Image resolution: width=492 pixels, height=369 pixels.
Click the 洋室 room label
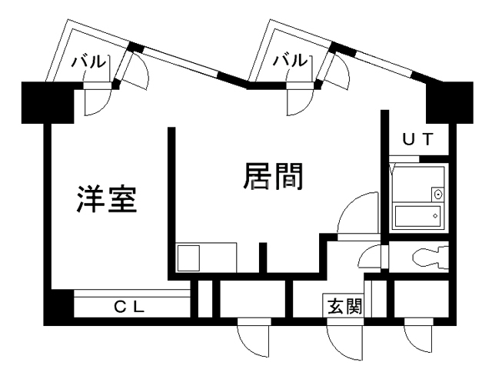(107, 200)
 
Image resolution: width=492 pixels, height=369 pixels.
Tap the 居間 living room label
(274, 176)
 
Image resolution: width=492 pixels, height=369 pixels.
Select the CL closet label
(129, 307)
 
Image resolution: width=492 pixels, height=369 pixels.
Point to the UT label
(418, 139)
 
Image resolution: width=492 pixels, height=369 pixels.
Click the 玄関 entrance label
(344, 306)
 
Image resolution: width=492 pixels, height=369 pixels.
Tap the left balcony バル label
(88, 61)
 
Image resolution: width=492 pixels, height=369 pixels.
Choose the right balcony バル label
(291, 60)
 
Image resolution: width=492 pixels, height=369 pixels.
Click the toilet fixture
(430, 258)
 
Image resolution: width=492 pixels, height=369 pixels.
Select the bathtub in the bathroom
(417, 216)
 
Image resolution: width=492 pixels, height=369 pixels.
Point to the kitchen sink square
(188, 258)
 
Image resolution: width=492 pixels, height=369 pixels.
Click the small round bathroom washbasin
(437, 194)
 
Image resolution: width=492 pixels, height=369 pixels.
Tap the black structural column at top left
(48, 102)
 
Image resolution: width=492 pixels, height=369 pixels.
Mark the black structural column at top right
(449, 102)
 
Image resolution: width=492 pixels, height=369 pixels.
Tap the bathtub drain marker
(435, 216)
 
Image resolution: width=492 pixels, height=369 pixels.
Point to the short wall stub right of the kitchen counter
(263, 258)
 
